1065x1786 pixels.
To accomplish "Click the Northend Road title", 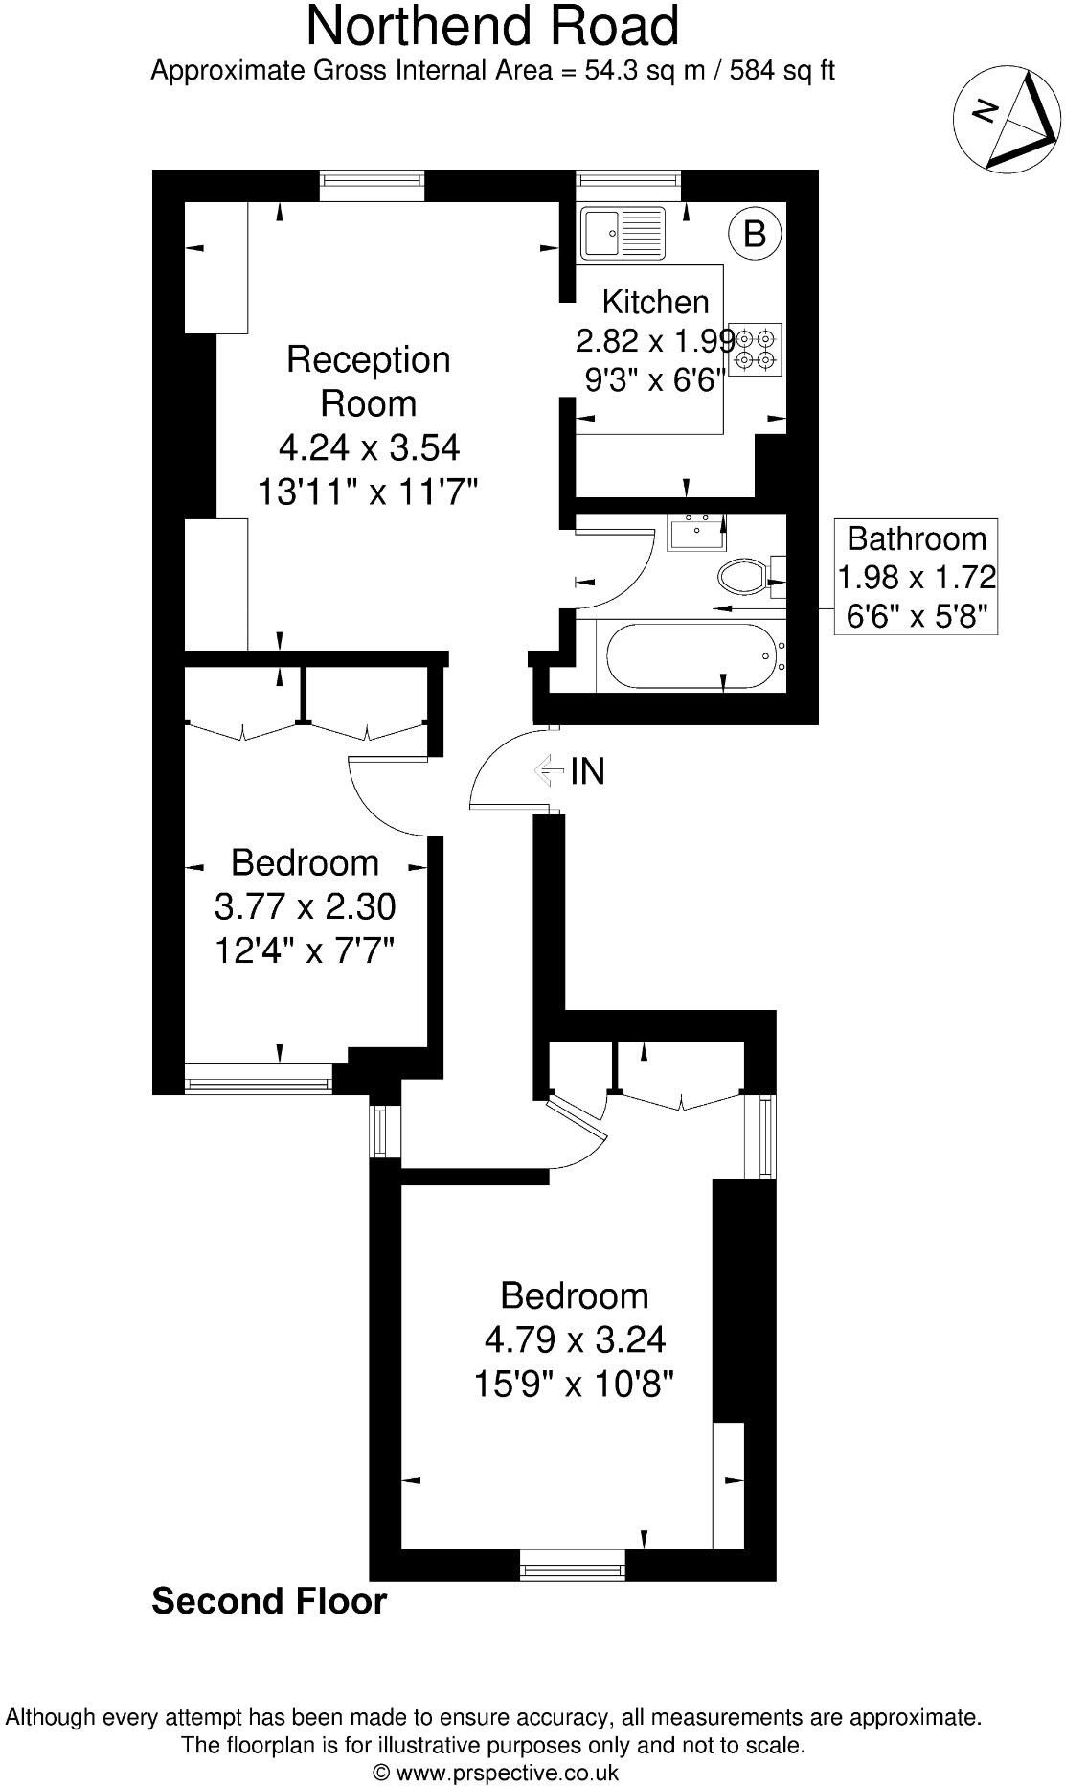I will coord(492,26).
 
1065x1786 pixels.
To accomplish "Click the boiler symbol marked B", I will coord(755,233).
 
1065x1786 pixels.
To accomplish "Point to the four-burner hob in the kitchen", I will coord(756,349).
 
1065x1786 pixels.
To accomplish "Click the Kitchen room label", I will coord(655,302).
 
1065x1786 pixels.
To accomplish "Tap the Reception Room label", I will coord(369,381).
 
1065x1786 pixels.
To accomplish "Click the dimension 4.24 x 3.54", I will coord(369,447).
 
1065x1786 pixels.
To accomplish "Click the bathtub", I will coord(688,656).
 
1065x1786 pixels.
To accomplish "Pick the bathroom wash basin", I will coord(696,533).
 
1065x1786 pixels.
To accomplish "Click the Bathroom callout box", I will coord(917,577).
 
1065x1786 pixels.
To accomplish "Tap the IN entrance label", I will coord(587,770).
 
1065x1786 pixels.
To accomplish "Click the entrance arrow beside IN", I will coord(550,768).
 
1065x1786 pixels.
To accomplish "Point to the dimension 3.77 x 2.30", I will coord(305,906).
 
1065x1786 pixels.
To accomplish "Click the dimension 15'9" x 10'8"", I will coord(575,1384).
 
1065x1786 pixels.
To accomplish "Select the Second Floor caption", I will coord(269,1601).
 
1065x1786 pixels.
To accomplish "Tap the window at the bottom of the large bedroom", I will coord(572,1571).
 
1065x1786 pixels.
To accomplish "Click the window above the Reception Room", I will coord(371,185).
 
